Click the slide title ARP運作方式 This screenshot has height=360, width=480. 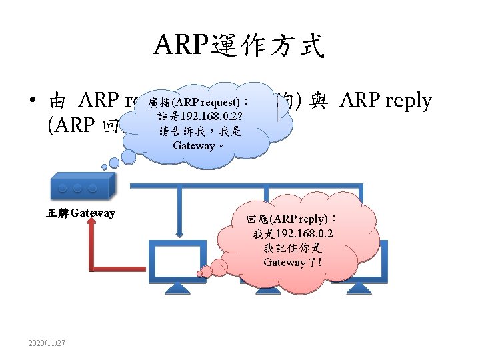click(239, 45)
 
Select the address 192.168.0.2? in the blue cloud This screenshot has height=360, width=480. click(207, 117)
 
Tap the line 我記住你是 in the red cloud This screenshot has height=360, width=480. click(293, 248)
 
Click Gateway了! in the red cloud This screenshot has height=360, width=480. click(293, 262)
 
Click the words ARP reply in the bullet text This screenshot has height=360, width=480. click(385, 101)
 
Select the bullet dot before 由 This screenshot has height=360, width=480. click(32, 103)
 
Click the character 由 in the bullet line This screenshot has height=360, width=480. click(57, 102)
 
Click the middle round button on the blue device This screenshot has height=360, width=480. click(77, 189)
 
